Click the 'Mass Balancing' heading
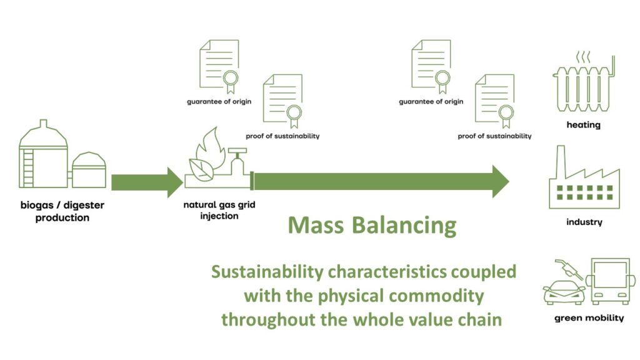coord(372,225)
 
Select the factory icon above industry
coord(583,181)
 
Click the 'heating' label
coord(583,125)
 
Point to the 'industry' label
coord(584,222)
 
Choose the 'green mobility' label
coord(589,318)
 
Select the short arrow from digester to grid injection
coord(146,182)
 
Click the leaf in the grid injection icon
coord(201,168)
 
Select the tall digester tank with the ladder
coord(43,154)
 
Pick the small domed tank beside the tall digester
coord(89,169)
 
